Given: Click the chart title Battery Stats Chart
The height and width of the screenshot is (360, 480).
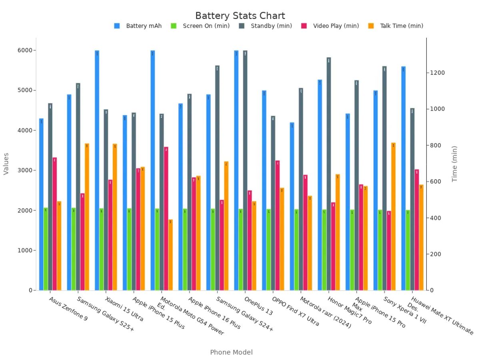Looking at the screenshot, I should click(240, 16).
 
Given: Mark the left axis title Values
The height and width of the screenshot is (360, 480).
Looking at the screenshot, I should click(6, 164).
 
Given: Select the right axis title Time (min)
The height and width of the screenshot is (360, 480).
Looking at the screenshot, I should click(455, 164).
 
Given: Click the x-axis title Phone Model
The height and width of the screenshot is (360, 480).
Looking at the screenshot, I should click(231, 352).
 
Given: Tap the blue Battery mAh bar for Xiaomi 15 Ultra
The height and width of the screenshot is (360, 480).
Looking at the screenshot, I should click(97, 170).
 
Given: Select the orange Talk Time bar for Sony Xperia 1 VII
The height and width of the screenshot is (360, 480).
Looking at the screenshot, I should click(394, 216).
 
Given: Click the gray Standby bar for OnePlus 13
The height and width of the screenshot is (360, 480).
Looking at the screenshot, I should click(245, 170).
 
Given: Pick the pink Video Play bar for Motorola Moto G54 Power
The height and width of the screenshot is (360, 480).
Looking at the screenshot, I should click(166, 218).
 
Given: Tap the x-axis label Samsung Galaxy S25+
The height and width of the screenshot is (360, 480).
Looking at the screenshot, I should click(105, 314).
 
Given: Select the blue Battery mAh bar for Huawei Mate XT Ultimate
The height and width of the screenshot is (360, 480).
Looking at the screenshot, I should click(404, 178).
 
